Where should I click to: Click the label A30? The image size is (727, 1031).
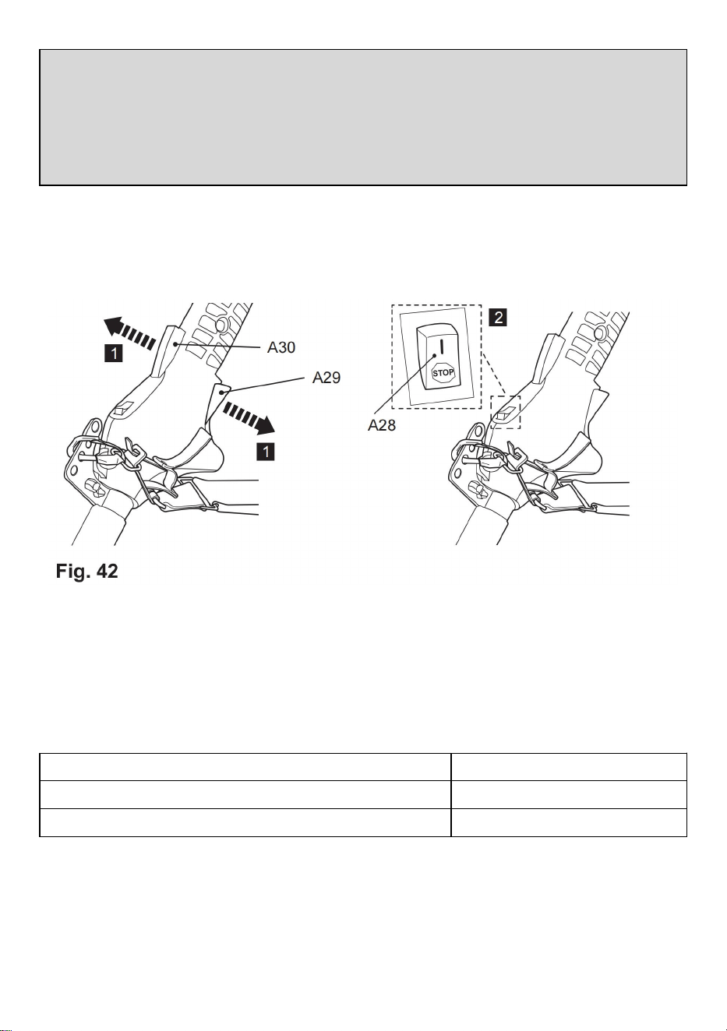(281, 347)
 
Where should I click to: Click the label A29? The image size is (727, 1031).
(326, 378)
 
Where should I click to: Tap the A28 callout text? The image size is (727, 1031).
(382, 425)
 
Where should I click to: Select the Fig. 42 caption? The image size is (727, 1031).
(87, 572)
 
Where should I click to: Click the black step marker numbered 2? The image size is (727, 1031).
(498, 317)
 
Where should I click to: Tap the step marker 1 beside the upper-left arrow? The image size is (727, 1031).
(113, 354)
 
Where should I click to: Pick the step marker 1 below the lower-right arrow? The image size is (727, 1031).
(266, 452)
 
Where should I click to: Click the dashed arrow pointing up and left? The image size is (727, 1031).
(130, 333)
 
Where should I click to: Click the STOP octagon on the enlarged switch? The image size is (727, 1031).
(443, 372)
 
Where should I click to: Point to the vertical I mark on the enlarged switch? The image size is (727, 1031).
(441, 346)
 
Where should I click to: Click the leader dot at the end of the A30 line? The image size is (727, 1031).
(175, 343)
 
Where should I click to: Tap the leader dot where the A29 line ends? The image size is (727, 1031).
(223, 392)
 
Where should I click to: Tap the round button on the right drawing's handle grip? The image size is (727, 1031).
(599, 332)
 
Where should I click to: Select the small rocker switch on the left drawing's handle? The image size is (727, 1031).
(123, 407)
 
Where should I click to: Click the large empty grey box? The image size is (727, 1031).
(363, 118)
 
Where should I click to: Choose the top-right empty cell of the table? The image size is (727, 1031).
(569, 767)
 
